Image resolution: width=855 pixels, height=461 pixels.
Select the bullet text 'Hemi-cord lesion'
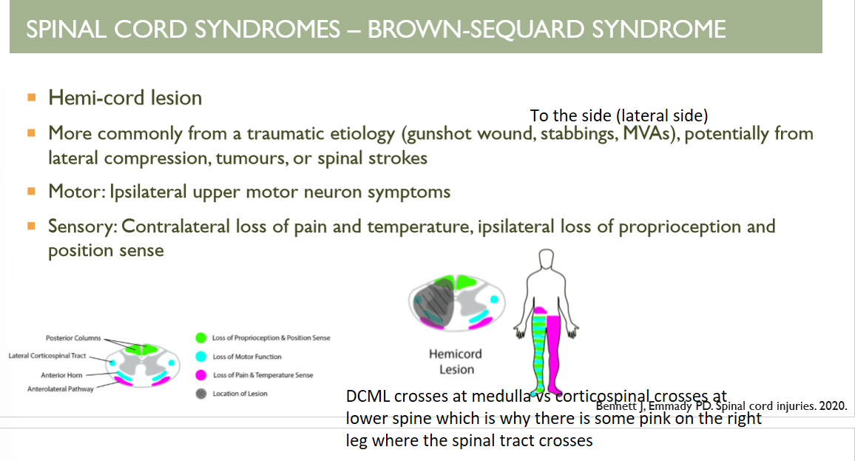coord(125,98)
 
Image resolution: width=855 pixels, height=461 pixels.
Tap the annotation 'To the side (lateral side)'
coord(619,116)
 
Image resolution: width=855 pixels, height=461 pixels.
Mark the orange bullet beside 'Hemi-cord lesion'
coord(31,97)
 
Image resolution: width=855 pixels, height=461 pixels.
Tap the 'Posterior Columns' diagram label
coord(73,338)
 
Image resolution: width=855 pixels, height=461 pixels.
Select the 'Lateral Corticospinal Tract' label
coord(47,356)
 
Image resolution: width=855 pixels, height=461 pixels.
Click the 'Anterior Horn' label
coord(61,375)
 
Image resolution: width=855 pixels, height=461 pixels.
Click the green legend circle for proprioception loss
coord(200,338)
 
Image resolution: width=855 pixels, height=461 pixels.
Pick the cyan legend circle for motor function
coord(200,357)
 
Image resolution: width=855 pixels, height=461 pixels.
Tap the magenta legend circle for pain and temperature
coord(200,375)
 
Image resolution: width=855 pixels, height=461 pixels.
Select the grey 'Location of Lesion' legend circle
coord(200,394)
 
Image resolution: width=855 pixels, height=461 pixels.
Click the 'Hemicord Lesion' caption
coord(456,362)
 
